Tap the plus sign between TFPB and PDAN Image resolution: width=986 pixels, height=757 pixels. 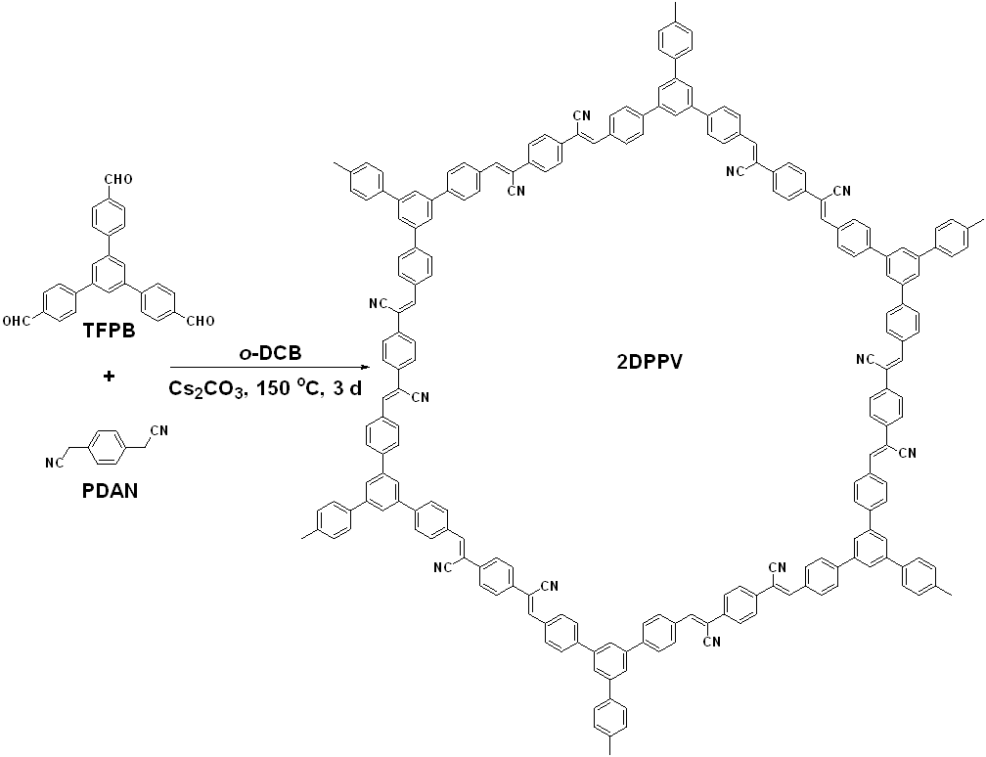tap(109, 375)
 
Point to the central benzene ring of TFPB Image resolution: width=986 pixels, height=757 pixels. tap(109, 270)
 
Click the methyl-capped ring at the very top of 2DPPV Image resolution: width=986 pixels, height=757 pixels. tap(676, 41)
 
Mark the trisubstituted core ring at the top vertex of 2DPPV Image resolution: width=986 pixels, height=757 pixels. tap(676, 97)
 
